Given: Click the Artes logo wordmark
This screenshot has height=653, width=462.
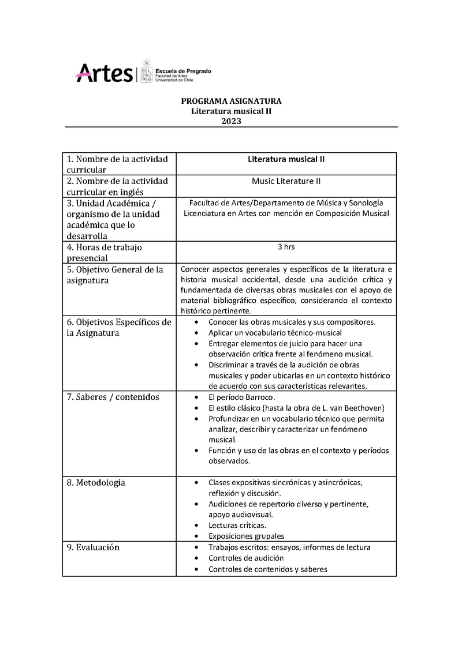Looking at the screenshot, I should click(x=104, y=73).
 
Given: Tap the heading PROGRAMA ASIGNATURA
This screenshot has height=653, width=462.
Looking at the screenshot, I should click(x=231, y=101).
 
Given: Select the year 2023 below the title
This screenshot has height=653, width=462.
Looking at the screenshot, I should click(x=231, y=121).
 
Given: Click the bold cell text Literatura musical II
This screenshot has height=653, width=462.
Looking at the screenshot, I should click(x=286, y=158).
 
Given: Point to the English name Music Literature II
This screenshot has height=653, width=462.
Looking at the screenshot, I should click(x=286, y=181).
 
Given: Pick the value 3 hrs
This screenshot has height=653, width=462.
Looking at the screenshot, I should click(x=286, y=246).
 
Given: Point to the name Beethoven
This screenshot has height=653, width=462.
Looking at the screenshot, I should click(x=366, y=408).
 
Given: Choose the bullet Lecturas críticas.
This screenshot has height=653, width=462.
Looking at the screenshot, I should click(x=237, y=525).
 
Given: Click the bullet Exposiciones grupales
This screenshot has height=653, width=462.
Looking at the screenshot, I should click(x=246, y=536).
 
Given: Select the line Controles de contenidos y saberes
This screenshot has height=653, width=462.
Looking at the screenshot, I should click(x=268, y=569).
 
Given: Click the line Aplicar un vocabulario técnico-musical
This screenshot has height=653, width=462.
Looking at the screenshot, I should click(x=275, y=333).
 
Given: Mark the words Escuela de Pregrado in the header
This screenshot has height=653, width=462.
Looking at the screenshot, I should click(x=184, y=70).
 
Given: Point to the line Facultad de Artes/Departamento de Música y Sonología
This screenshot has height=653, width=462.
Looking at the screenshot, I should click(x=286, y=202).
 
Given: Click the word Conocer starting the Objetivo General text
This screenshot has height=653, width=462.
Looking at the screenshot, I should click(x=196, y=269).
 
